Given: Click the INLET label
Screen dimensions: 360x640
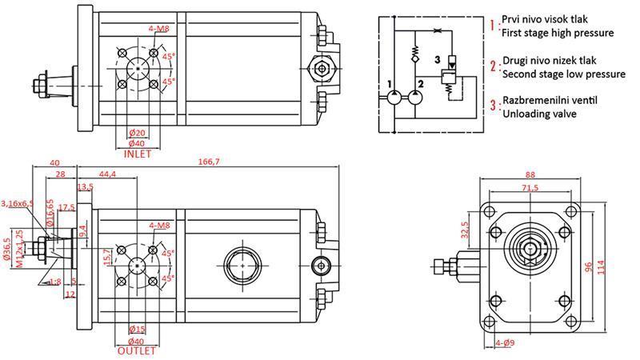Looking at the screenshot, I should pos(138,154).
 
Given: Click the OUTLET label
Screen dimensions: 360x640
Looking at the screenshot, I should pos(138,350).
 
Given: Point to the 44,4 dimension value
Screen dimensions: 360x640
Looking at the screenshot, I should pos(107,174).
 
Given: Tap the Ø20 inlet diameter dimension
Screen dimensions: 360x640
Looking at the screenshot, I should pos(138,133).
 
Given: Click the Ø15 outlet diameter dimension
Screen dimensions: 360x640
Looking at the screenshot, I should pos(138,330).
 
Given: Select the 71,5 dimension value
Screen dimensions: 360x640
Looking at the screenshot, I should pos(530,189).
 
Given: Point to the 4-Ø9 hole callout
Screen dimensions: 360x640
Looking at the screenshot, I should pos(505,344).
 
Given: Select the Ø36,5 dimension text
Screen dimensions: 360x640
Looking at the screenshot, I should pos(7,250).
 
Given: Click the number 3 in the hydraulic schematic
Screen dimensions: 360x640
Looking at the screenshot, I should pos(437,60).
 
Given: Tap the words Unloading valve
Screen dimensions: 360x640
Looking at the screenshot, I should pos(535,114).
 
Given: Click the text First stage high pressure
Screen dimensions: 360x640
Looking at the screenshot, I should pos(557,34).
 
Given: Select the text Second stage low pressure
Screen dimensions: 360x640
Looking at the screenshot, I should pos(563,74).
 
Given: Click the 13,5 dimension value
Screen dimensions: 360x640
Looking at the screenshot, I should pos(85,187).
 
